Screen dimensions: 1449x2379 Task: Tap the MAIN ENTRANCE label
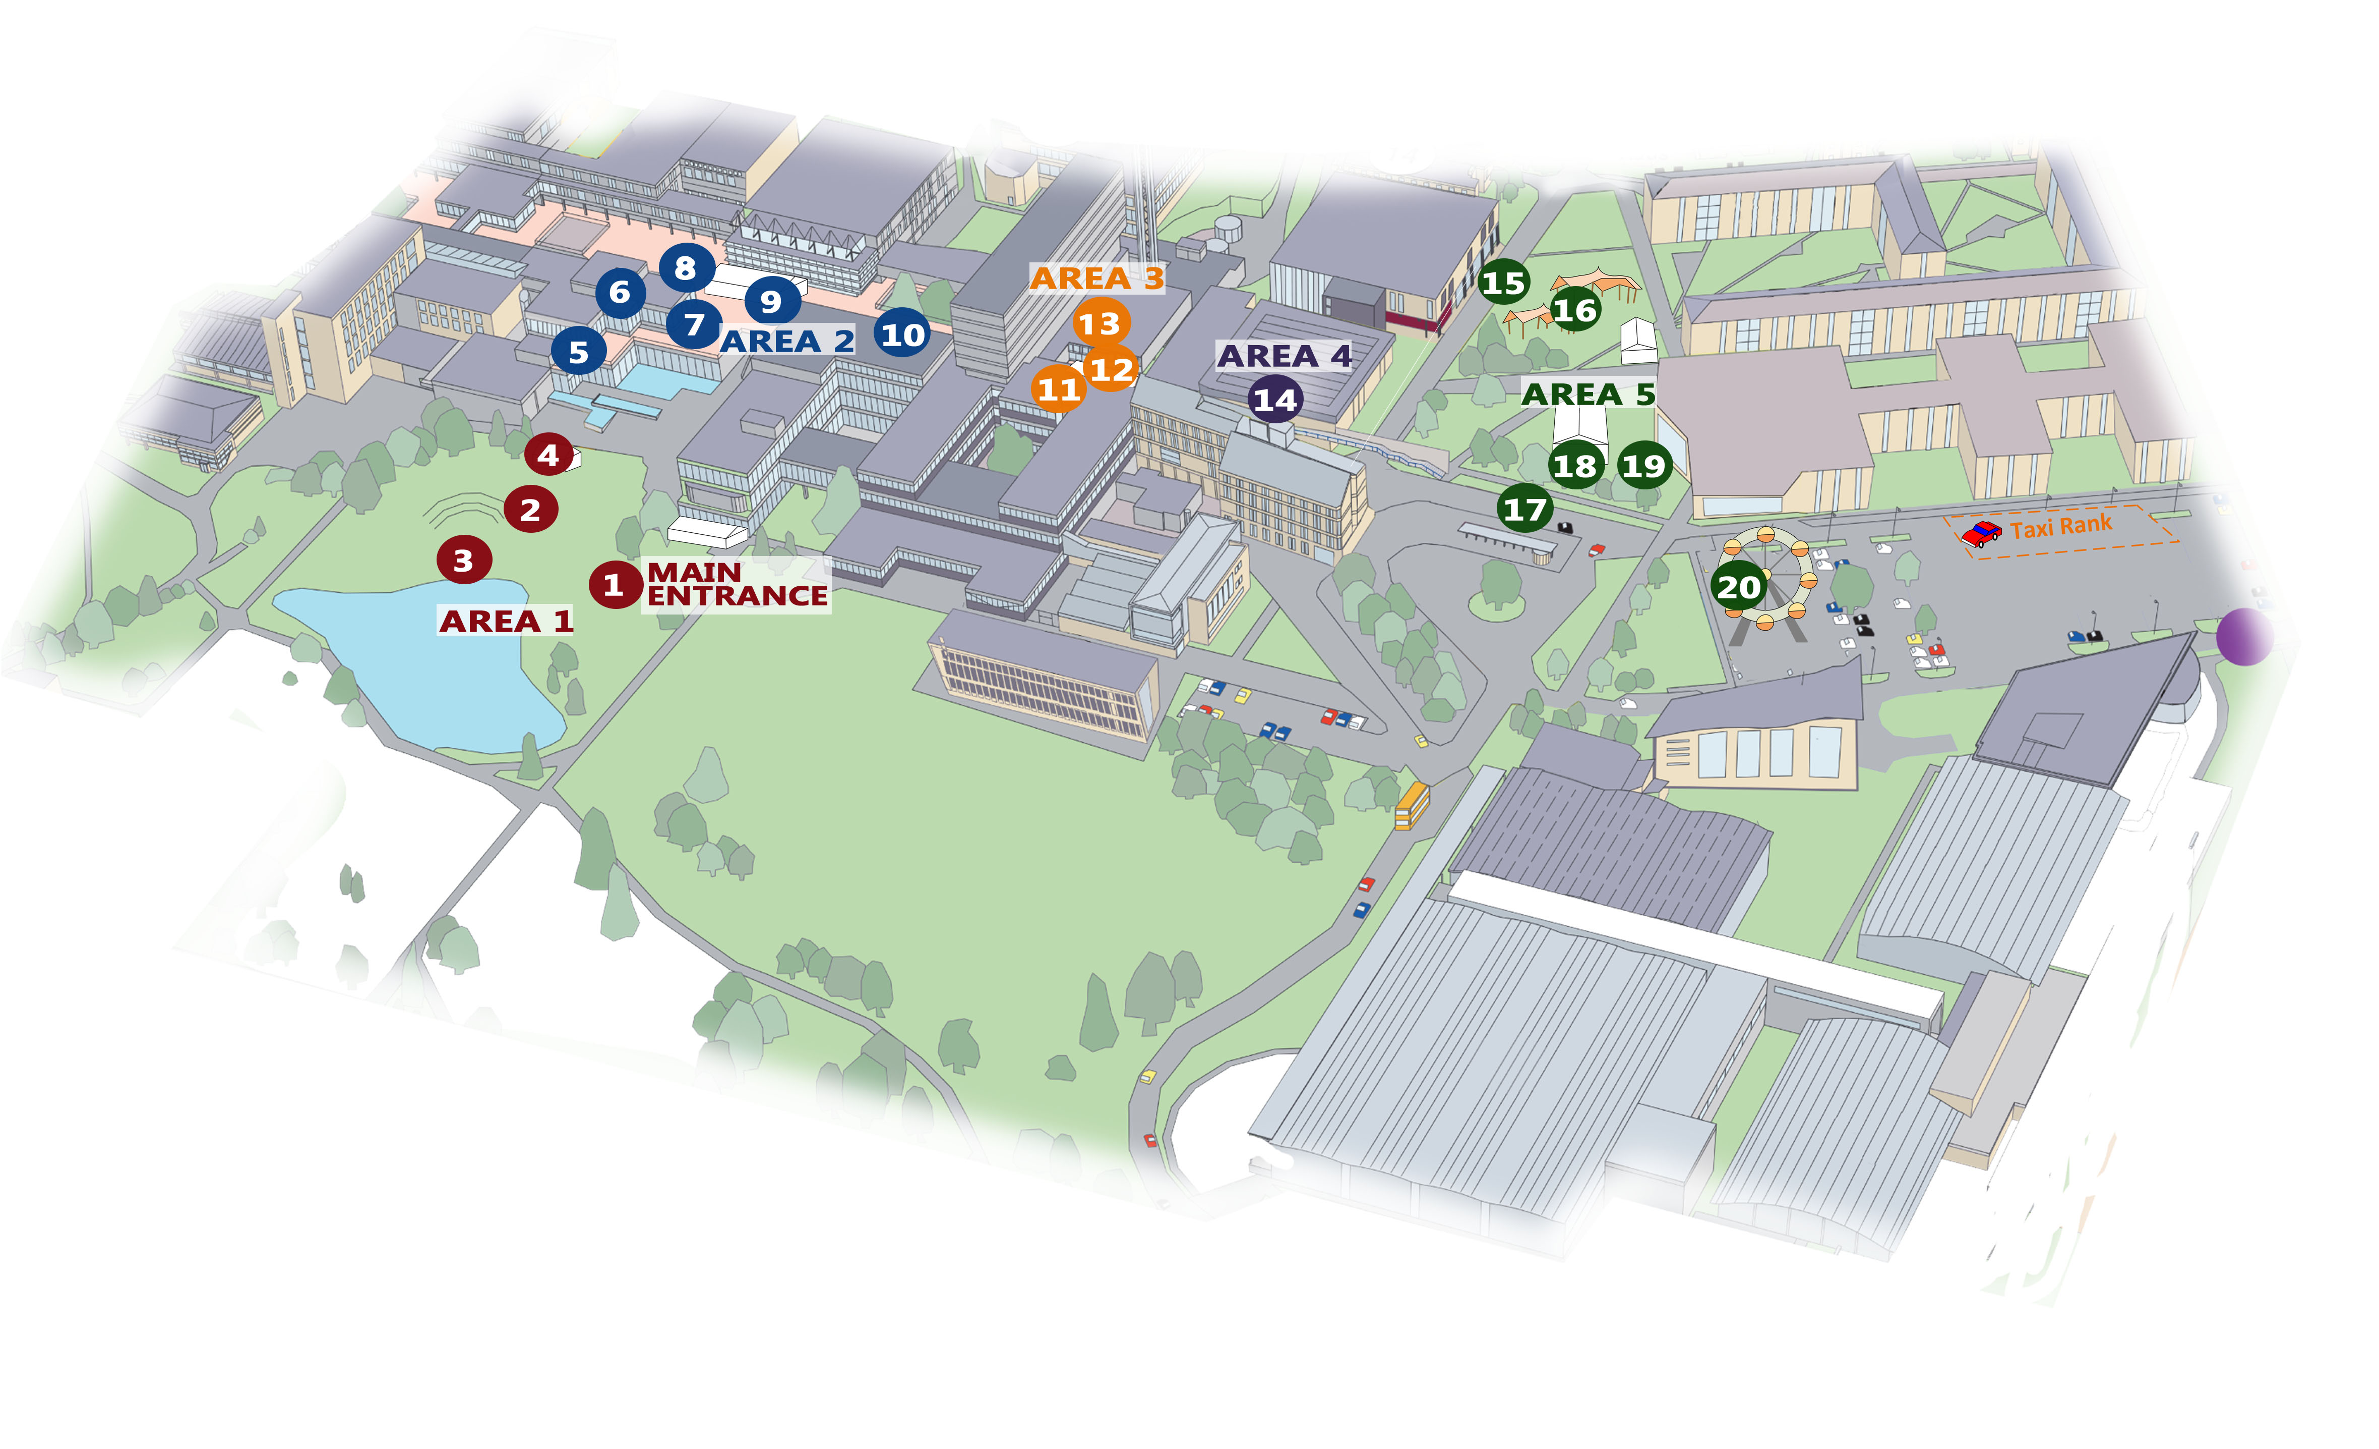[736, 584]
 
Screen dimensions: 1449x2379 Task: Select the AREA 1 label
[506, 621]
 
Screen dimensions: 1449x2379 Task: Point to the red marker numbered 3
[463, 561]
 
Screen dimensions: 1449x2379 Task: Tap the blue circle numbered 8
[686, 267]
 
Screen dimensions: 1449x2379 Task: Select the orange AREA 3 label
[1097, 278]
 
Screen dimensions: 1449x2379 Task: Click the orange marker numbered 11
[1058, 389]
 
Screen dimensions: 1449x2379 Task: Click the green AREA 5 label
[1588, 394]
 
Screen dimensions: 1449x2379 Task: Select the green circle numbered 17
[1524, 509]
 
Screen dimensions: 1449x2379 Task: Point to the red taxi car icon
[1981, 533]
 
